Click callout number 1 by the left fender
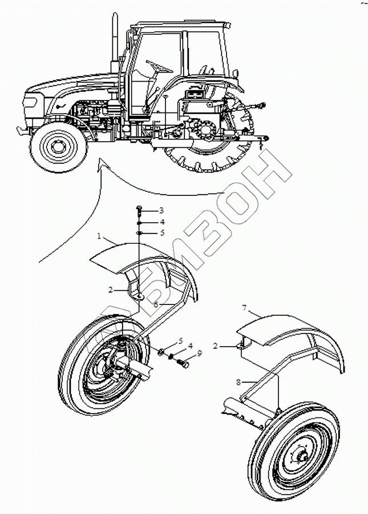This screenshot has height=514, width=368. (99, 236)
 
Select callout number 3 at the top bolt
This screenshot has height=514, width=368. (145, 211)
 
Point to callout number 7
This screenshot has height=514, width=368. (244, 308)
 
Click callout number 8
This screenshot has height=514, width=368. (238, 382)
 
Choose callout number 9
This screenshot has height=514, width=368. (200, 354)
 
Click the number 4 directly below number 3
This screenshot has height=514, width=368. (145, 222)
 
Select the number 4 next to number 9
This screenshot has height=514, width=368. (190, 346)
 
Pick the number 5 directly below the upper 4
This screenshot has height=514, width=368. (145, 232)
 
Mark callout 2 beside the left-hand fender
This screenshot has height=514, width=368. (111, 290)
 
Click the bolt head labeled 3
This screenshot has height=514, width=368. (139, 208)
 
